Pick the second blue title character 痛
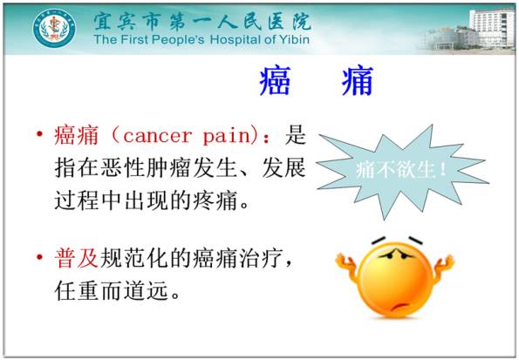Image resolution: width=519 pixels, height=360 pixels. (357, 83)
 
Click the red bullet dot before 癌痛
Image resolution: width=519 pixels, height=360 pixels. (39, 136)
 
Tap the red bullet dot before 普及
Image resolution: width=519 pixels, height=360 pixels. (39, 259)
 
